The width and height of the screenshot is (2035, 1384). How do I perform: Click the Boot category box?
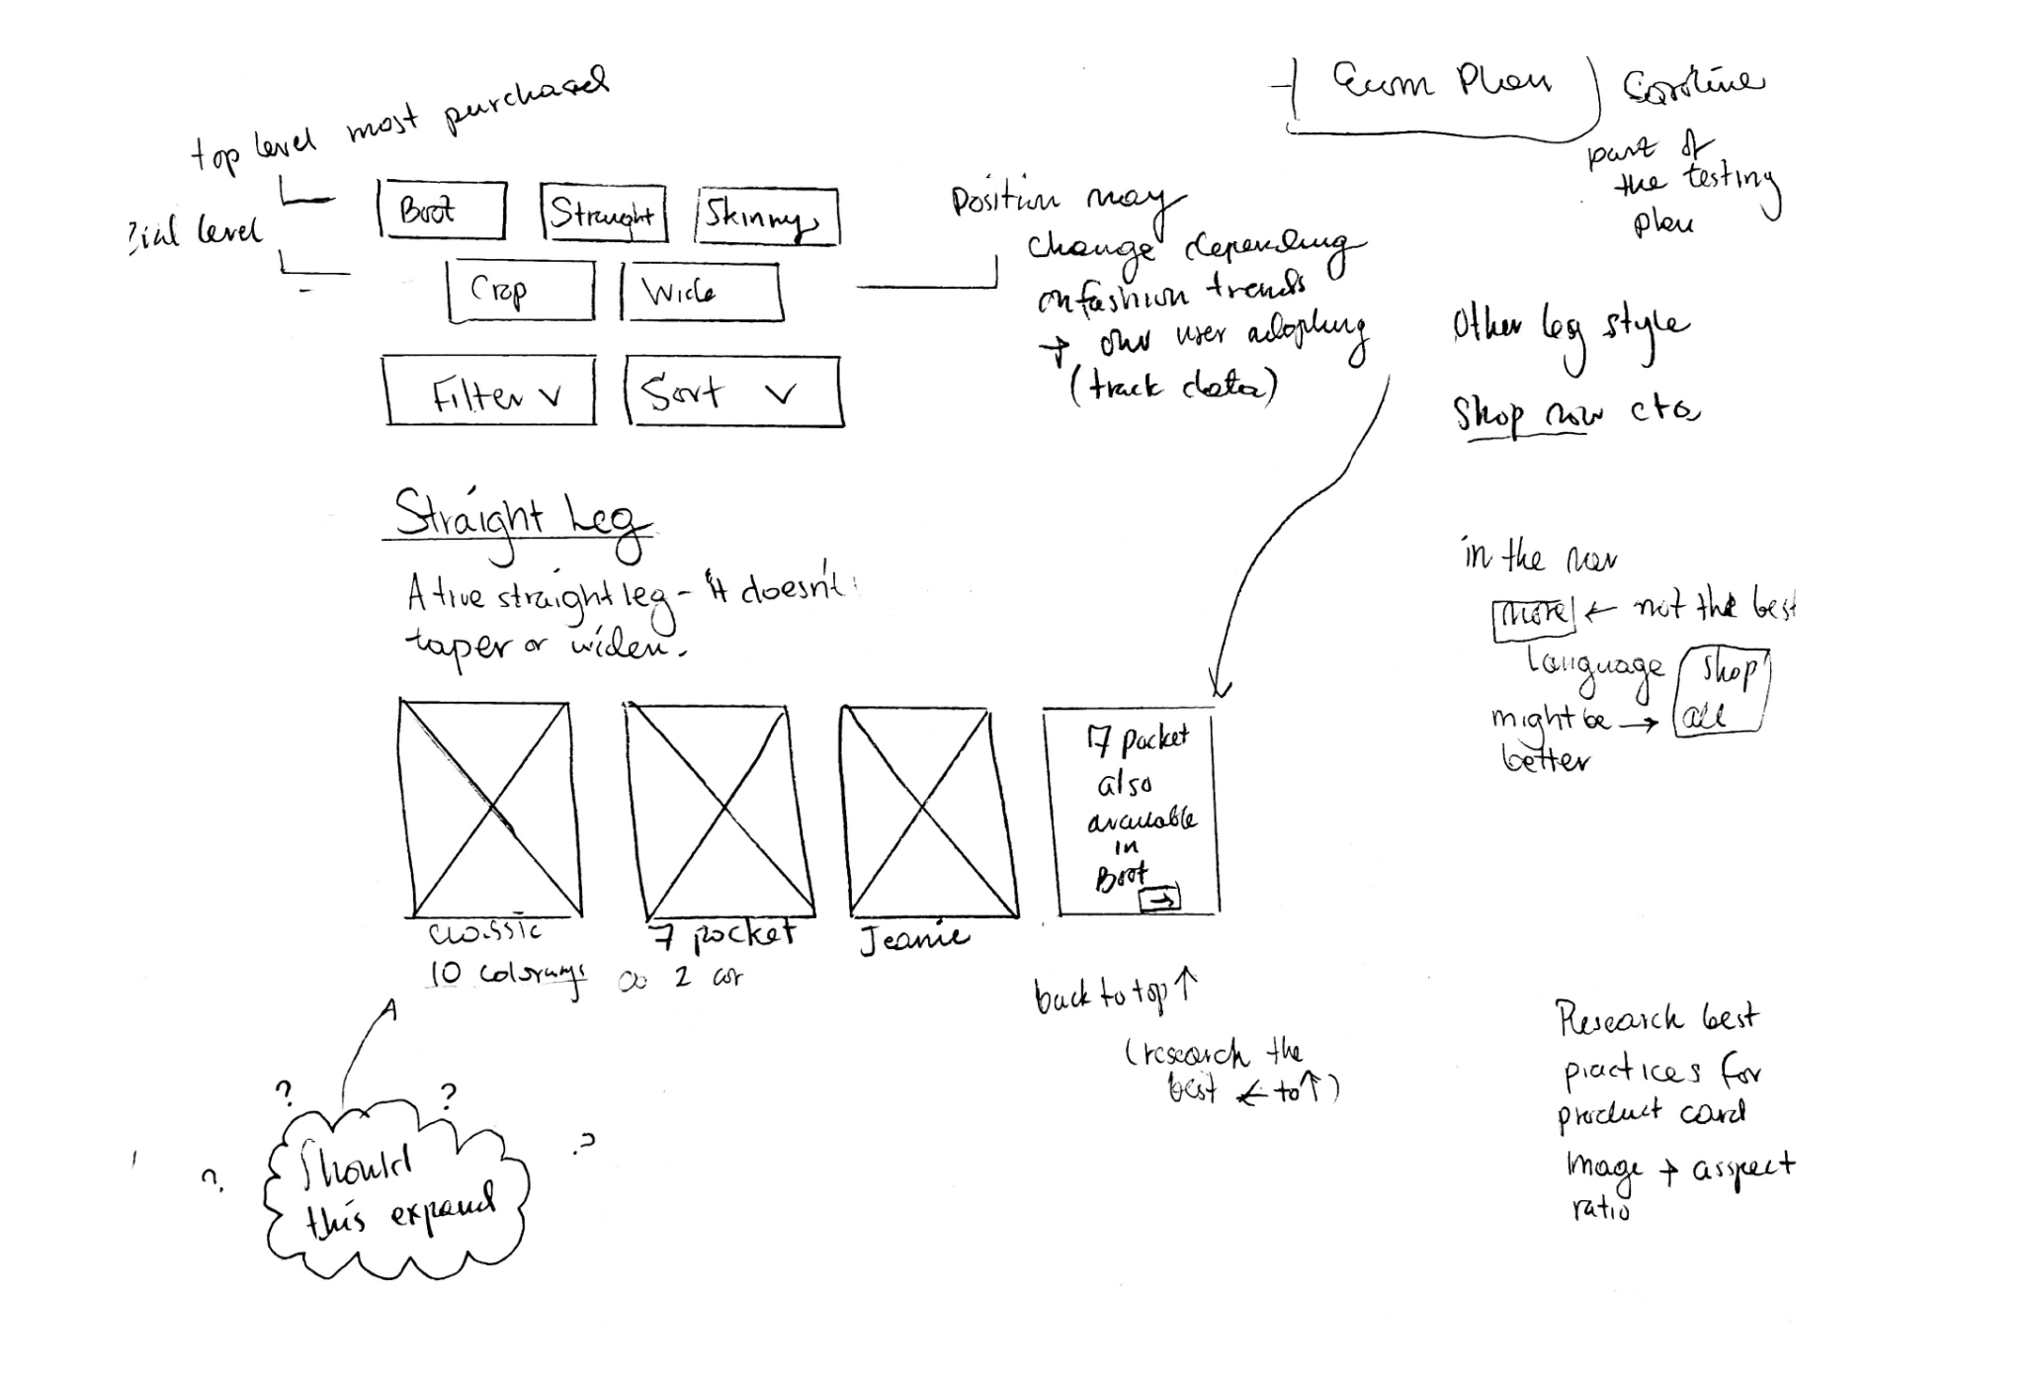coord(442,211)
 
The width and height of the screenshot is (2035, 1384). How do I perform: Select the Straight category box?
coord(604,214)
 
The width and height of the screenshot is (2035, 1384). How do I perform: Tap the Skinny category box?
coord(768,216)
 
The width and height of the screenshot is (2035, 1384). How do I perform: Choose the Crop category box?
coord(521,291)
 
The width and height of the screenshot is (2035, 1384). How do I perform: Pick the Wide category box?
coord(701,292)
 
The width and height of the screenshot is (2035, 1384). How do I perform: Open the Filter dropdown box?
coord(490,391)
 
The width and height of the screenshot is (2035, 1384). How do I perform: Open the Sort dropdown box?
coord(733,391)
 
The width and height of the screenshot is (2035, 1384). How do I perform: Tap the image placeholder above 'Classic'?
coord(489,809)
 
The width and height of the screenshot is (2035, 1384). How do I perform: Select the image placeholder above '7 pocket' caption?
coord(719,811)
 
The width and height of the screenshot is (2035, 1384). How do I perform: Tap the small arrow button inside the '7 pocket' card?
coord(1160,899)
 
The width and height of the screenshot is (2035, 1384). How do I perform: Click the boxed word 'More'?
coord(1533,616)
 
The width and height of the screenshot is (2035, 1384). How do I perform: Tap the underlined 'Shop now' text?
coord(1528,415)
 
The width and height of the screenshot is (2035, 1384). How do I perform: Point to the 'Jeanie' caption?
coord(913,939)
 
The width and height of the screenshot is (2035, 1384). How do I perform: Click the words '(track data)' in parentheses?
coord(1173,386)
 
